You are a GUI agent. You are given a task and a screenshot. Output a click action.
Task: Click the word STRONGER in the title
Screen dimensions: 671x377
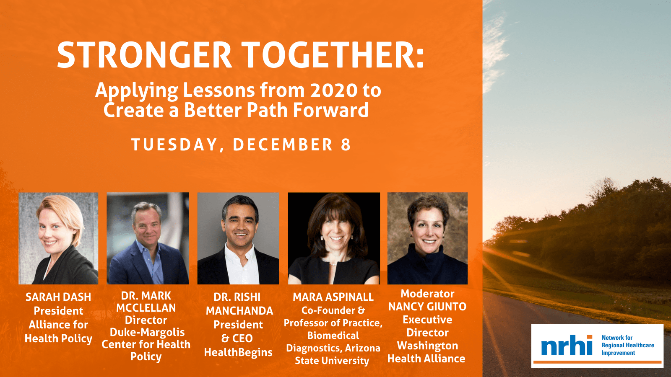(x=144, y=55)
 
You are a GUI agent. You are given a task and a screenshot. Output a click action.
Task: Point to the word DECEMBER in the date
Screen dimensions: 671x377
(x=283, y=145)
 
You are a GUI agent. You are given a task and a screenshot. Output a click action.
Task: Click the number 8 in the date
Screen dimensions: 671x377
(x=346, y=145)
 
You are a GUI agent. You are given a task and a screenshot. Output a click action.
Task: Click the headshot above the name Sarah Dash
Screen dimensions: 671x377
(x=58, y=238)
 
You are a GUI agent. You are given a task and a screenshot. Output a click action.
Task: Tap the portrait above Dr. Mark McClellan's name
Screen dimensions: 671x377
(x=148, y=238)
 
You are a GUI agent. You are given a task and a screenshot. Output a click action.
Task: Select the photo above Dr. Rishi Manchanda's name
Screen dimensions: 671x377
(x=238, y=238)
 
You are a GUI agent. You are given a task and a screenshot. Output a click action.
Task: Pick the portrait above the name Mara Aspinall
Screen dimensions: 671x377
(x=334, y=238)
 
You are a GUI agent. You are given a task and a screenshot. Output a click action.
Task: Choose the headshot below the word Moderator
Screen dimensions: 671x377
(x=427, y=238)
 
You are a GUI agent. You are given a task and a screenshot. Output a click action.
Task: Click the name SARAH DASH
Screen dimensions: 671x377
(x=58, y=297)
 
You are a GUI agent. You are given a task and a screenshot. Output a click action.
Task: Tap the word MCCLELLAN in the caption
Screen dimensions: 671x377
(x=146, y=308)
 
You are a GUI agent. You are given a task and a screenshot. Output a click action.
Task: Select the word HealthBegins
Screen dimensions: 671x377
(x=238, y=352)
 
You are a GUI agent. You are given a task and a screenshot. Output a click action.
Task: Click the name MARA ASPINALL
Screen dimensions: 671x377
(x=333, y=297)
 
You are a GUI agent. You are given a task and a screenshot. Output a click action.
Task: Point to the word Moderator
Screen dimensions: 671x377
(x=427, y=294)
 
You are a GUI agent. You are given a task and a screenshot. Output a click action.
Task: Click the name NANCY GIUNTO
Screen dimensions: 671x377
(x=427, y=307)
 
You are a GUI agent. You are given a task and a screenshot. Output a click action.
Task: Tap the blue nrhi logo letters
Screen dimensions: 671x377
(x=567, y=345)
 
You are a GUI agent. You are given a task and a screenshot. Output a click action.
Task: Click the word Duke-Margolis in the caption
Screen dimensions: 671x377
(x=147, y=333)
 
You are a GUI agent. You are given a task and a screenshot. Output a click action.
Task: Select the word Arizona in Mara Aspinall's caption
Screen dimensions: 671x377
(x=362, y=348)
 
